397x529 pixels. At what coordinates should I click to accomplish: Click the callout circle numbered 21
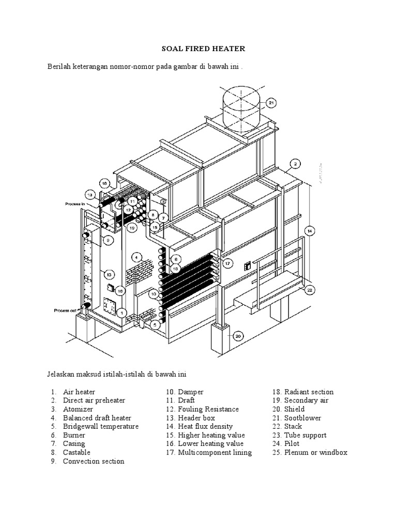click(272, 103)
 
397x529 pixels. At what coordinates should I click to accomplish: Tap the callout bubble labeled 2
click(294, 164)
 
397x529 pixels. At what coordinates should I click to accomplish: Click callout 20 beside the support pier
click(237, 336)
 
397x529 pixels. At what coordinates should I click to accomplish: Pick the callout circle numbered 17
click(227, 263)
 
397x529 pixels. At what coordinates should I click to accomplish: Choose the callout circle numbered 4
click(136, 257)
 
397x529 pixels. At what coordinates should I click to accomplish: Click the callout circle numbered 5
click(155, 325)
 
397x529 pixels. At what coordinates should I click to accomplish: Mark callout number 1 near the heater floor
click(121, 313)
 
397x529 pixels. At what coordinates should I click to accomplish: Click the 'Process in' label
click(75, 204)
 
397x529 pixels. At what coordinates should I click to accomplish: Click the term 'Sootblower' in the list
click(302, 417)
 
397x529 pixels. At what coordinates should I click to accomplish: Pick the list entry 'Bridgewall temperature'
click(101, 426)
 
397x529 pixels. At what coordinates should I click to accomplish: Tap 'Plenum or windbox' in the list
click(316, 452)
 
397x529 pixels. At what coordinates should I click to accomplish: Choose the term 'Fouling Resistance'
click(208, 409)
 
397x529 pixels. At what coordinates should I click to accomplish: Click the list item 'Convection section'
click(94, 461)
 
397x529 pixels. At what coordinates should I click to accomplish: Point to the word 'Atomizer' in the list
click(78, 409)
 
